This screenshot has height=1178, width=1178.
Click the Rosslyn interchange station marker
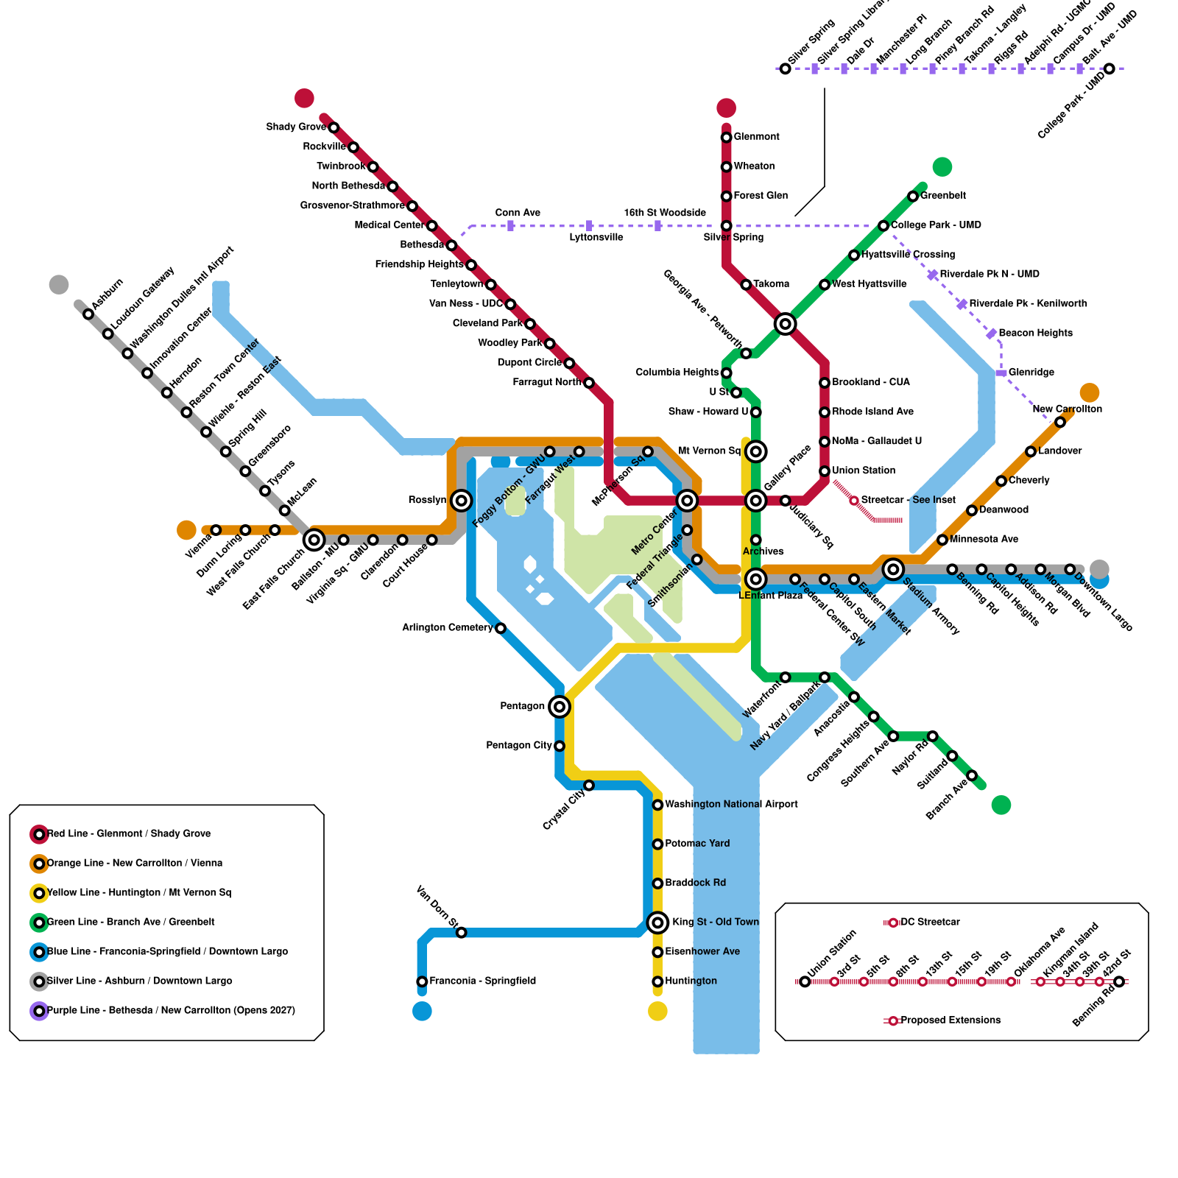pyautogui.click(x=461, y=501)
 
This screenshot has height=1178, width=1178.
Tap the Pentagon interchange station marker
pyautogui.click(x=560, y=707)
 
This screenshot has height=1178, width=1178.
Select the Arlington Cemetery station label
pyautogui.click(x=447, y=628)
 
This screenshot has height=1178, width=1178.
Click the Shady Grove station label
pyautogui.click(x=296, y=127)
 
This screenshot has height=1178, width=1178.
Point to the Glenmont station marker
pyautogui.click(x=726, y=137)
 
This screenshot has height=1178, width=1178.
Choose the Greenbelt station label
pyautogui.click(x=943, y=196)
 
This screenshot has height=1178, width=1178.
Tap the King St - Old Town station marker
pyautogui.click(x=657, y=923)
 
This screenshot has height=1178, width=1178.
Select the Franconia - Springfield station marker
pyautogui.click(x=422, y=981)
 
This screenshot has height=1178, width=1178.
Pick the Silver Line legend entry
pyautogui.click(x=139, y=981)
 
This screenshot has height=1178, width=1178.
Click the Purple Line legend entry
pyautogui.click(x=171, y=1011)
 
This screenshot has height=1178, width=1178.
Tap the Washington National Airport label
pyautogui.click(x=731, y=805)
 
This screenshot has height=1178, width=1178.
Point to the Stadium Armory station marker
pyautogui.click(x=893, y=569)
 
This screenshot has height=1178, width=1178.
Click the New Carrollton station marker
pyautogui.click(x=1059, y=422)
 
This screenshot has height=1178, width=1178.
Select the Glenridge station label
pyautogui.click(x=1031, y=373)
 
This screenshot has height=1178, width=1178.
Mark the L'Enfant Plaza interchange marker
pyautogui.click(x=755, y=579)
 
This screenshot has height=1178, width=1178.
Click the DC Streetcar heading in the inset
pyautogui.click(x=930, y=923)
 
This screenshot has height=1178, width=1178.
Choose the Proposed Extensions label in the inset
pyautogui.click(x=950, y=1020)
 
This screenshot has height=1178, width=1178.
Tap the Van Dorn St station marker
pyautogui.click(x=461, y=933)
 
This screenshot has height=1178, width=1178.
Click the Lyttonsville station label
pyautogui.click(x=596, y=238)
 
